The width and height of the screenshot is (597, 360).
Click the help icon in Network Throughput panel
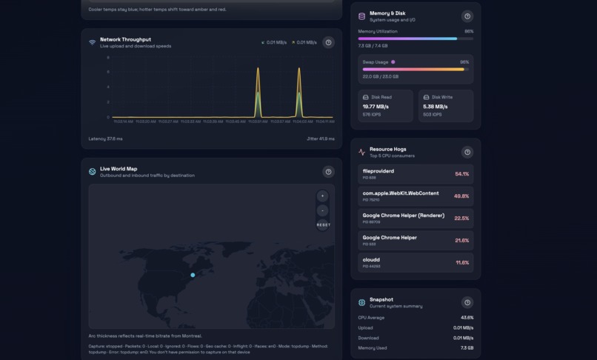pyautogui.click(x=329, y=42)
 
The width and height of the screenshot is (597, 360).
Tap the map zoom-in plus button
pyautogui.click(x=322, y=196)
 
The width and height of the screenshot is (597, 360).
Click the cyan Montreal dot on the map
pyautogui.click(x=193, y=275)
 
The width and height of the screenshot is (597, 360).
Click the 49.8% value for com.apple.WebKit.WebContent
pyautogui.click(x=461, y=196)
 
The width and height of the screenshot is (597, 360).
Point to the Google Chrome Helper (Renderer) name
pyautogui.click(x=403, y=216)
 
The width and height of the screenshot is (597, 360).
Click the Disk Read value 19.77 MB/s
pyautogui.click(x=376, y=107)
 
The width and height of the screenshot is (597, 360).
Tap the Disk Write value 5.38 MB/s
pyautogui.click(x=435, y=107)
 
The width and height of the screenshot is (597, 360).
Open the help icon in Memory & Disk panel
pyautogui.click(x=467, y=16)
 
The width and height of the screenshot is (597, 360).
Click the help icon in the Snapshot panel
pyautogui.click(x=467, y=302)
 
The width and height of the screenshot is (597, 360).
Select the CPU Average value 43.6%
pyautogui.click(x=467, y=318)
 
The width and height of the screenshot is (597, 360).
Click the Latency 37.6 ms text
pyautogui.click(x=106, y=139)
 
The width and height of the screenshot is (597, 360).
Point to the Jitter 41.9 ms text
pyautogui.click(x=321, y=139)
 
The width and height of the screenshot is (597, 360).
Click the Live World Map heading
pyautogui.click(x=119, y=169)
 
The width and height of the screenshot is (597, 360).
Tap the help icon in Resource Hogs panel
pyautogui.click(x=467, y=152)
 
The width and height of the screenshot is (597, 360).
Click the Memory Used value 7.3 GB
pyautogui.click(x=467, y=347)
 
